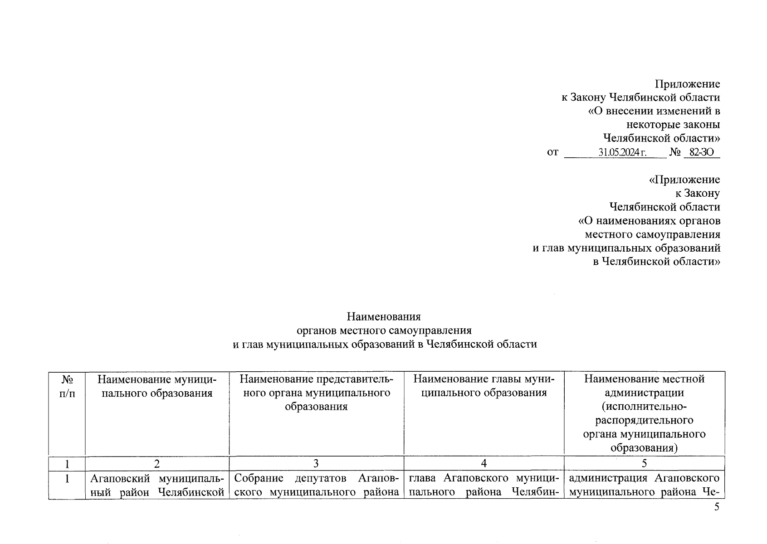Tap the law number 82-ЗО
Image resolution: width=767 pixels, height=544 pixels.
click(x=701, y=152)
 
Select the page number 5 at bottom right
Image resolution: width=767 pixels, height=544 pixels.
click(x=717, y=507)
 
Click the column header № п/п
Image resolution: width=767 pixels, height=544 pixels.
click(x=67, y=386)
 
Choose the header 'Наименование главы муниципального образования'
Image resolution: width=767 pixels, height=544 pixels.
click(x=484, y=386)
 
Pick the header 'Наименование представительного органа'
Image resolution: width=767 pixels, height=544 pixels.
click(x=316, y=393)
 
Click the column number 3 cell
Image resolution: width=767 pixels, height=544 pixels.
click(x=316, y=463)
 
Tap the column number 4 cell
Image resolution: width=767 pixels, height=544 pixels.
click(x=484, y=463)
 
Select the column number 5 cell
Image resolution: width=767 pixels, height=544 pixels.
click(x=644, y=463)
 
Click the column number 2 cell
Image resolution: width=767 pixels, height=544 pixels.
click(x=157, y=463)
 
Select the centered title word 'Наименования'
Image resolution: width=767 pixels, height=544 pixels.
click(x=384, y=316)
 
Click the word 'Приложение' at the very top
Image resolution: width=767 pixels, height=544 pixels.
click(x=687, y=84)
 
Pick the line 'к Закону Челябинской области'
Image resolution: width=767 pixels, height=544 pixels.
click(x=640, y=97)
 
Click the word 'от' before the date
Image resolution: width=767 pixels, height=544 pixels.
click(x=552, y=152)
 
